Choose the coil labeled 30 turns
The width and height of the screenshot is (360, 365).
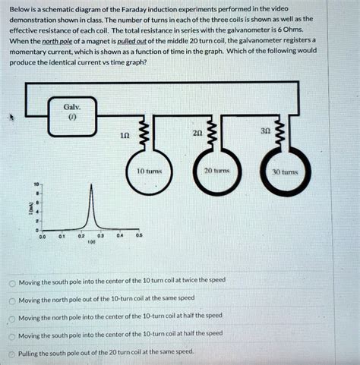pos(290,172)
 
